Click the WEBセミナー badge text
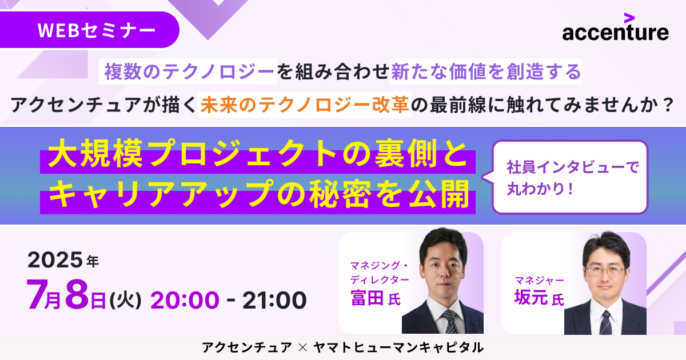pyautogui.click(x=97, y=30)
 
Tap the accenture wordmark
pyautogui.click(x=615, y=33)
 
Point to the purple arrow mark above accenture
pyautogui.click(x=629, y=18)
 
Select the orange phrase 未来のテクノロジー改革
pyautogui.click(x=305, y=105)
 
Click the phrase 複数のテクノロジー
pyautogui.click(x=189, y=71)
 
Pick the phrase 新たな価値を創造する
pyautogui.click(x=486, y=71)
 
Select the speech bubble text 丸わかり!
pyautogui.click(x=540, y=188)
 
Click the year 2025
pyautogui.click(x=55, y=260)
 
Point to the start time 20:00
pyautogui.click(x=185, y=300)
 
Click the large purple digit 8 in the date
pyautogui.click(x=77, y=294)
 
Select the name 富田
pyautogui.click(x=367, y=298)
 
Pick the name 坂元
pyautogui.click(x=531, y=297)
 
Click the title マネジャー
pyautogui.click(x=539, y=281)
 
